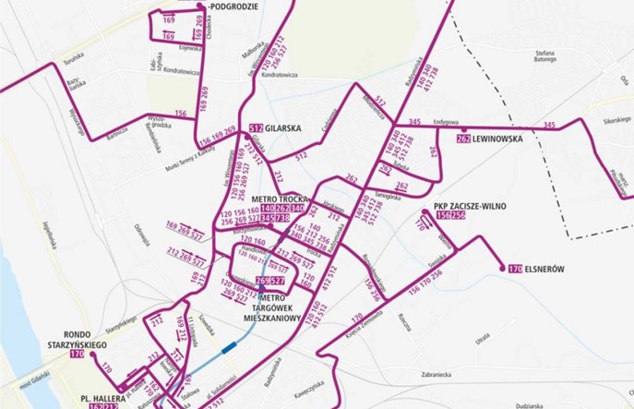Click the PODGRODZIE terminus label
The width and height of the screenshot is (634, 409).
[x=234, y=6]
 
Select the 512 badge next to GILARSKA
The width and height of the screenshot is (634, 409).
[x=257, y=128]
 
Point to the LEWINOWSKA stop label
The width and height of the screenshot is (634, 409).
[x=497, y=139]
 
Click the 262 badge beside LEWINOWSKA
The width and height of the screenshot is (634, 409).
[x=463, y=139]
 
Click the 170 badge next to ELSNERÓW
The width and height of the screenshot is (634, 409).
[x=516, y=270]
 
